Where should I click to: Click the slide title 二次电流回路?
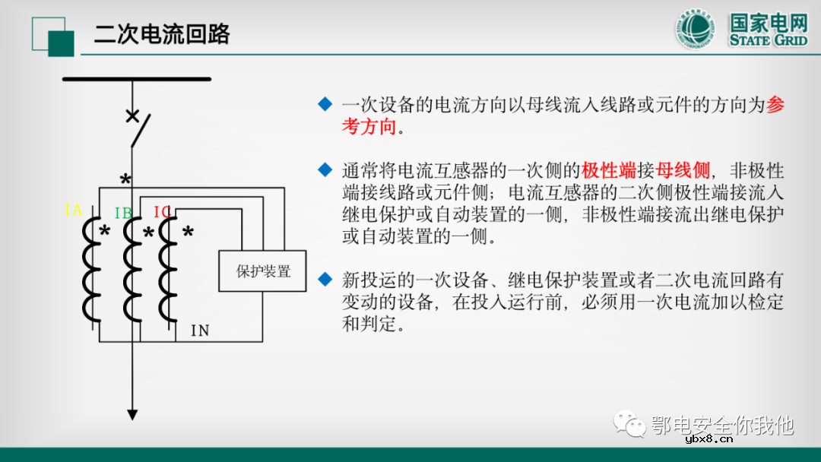point(162,34)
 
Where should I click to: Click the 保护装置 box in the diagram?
point(263,271)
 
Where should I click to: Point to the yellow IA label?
point(74,210)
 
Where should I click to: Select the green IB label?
point(123,212)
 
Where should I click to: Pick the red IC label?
point(162,211)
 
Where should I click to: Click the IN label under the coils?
point(200,331)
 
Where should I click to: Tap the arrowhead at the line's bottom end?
point(132,414)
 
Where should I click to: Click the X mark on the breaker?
point(132,116)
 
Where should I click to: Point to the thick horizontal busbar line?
point(136,78)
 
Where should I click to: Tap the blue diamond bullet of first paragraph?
point(325,103)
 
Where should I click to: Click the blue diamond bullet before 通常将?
point(325,168)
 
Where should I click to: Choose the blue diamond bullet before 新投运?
point(325,278)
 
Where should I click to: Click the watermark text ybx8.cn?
point(708,438)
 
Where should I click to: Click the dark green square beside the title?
point(61,43)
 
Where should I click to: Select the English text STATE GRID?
point(768,40)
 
